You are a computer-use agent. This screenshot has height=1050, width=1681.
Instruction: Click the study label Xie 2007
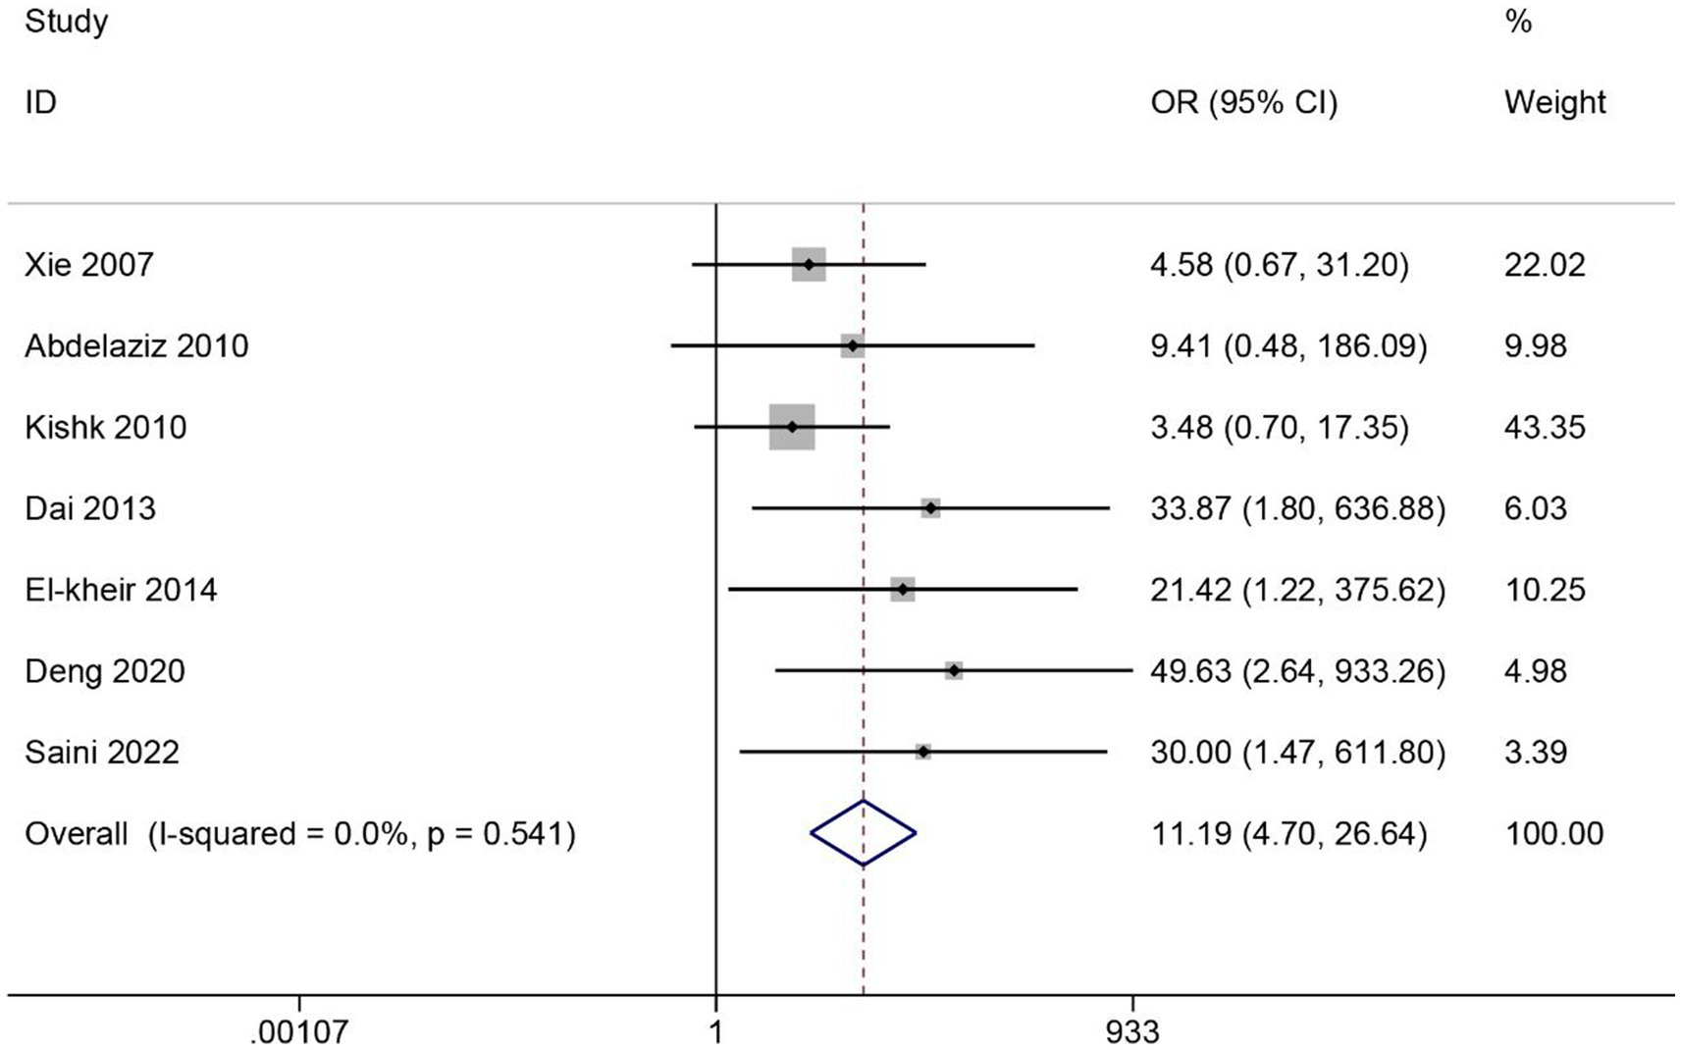tap(89, 265)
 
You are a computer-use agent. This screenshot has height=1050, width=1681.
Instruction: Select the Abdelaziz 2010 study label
tap(136, 346)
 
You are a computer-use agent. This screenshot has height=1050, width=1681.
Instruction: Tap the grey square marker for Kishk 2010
tap(792, 427)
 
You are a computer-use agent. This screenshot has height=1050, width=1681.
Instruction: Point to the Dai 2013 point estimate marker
tap(930, 508)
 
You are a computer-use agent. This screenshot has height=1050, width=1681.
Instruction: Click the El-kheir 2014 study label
tap(121, 590)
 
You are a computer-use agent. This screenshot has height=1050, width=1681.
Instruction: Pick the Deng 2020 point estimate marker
tap(954, 671)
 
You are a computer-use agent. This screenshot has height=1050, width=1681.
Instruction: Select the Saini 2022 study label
tap(102, 753)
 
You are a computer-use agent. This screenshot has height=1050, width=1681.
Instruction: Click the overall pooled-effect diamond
tap(863, 833)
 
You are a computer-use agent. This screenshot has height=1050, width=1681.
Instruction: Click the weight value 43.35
tap(1545, 428)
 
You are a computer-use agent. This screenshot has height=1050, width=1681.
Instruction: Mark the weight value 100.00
tap(1553, 834)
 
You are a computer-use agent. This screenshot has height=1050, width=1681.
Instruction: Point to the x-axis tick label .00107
tap(299, 1032)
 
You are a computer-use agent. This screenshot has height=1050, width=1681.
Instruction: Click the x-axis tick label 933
tap(1132, 1032)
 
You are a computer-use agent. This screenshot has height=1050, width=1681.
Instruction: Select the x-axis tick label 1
tap(716, 1032)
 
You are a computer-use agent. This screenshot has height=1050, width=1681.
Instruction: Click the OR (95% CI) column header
tap(1243, 103)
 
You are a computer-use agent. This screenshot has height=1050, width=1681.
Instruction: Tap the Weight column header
tap(1554, 102)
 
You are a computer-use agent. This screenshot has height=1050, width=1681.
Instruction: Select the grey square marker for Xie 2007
tap(809, 265)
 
